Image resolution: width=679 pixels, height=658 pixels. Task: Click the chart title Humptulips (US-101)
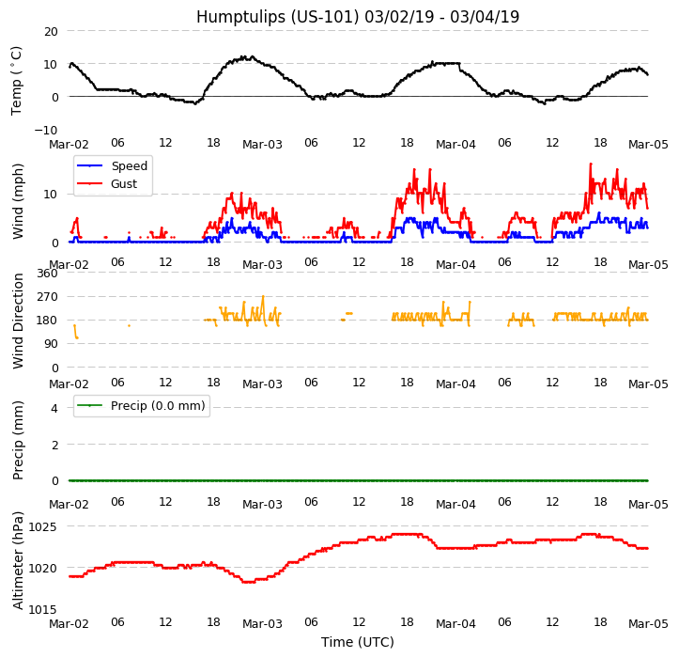click(357, 17)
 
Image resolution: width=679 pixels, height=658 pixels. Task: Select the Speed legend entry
click(129, 165)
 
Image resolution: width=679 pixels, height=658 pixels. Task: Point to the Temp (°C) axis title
click(17, 80)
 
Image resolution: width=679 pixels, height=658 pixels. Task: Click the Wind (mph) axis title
click(18, 200)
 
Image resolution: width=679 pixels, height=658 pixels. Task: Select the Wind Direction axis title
click(18, 321)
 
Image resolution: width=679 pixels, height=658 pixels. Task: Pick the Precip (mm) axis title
click(18, 440)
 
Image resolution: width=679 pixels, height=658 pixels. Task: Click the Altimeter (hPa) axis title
click(18, 560)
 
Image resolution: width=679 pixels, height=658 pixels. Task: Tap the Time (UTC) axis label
click(358, 642)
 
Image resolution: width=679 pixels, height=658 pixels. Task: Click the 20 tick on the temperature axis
click(50, 31)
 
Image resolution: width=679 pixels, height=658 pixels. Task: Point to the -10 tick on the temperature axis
click(46, 130)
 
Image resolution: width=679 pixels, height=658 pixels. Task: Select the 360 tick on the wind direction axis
click(46, 274)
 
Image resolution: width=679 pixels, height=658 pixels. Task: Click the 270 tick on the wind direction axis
click(46, 297)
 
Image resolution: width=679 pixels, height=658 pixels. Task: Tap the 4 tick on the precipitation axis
click(54, 408)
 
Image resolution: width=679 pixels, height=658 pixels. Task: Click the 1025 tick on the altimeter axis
click(42, 526)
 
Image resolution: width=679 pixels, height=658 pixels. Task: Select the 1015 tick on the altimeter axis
click(42, 609)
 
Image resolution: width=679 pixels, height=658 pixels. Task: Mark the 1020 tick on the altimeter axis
click(42, 568)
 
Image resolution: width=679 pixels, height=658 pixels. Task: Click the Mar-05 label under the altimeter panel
click(648, 624)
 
